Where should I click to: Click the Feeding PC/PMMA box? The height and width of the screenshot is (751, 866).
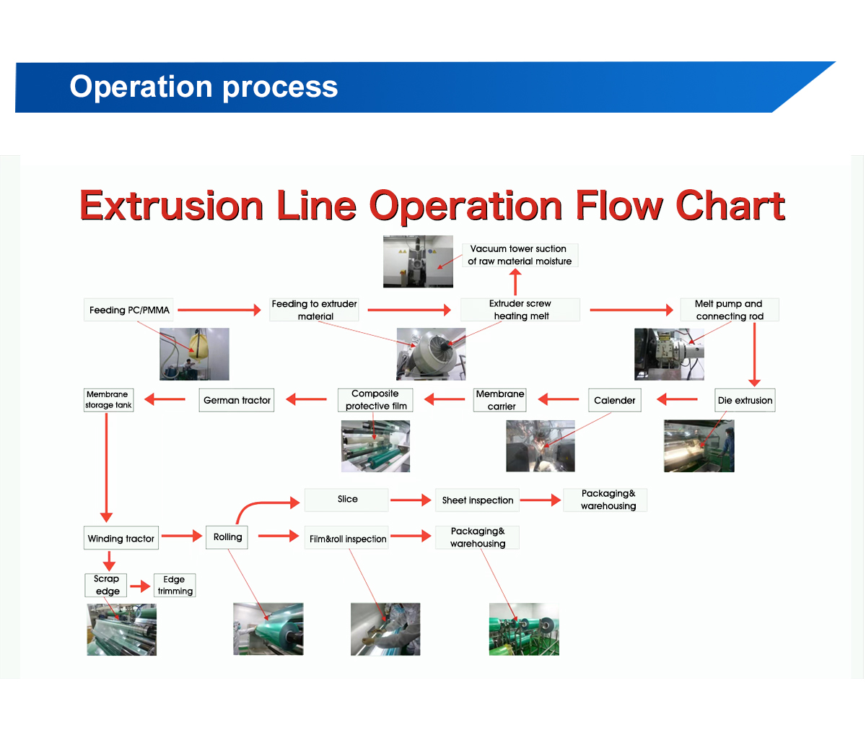[129, 311]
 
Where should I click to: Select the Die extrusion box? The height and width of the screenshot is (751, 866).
[745, 401]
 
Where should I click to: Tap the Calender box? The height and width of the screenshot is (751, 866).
[614, 401]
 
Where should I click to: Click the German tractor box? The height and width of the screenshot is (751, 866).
[237, 401]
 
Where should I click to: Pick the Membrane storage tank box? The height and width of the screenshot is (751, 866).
[108, 400]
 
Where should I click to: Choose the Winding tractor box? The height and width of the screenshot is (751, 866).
[121, 539]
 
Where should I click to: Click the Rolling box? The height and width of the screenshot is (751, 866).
[227, 537]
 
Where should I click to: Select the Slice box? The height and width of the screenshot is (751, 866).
[347, 500]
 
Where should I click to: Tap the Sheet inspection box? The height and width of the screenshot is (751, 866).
[477, 500]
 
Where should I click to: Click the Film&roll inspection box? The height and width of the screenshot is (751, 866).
[347, 539]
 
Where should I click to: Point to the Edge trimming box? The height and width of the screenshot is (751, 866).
[175, 585]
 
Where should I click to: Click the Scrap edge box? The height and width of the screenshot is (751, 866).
[107, 585]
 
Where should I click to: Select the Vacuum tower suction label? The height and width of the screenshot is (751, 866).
[519, 255]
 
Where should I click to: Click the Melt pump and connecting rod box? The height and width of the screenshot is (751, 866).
[729, 310]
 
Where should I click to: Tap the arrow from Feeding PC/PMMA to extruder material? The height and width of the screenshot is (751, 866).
[219, 310]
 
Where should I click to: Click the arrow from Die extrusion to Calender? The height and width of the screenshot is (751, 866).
[677, 399]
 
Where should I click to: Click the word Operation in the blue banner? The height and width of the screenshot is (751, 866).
[131, 87]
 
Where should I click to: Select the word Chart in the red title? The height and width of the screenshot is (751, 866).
[730, 206]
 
